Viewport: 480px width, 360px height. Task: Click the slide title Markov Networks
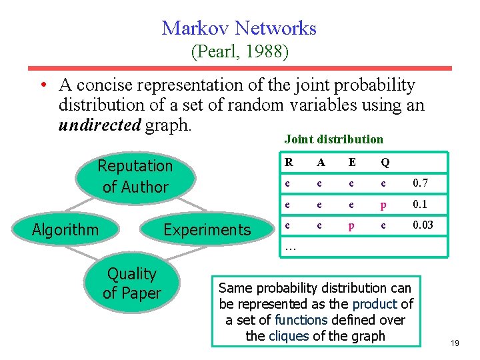tap(239, 28)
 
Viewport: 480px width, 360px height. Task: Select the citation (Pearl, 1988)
tap(239, 51)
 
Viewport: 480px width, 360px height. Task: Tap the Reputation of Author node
tap(135, 176)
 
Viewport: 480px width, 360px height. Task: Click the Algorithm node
tap(65, 230)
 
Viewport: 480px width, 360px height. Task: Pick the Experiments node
tap(207, 230)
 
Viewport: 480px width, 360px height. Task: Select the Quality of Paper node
tap(132, 283)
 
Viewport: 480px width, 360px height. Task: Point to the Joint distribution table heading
tap(333, 139)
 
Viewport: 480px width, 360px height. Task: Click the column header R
tap(288, 162)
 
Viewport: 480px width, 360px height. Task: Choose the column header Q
tap(385, 162)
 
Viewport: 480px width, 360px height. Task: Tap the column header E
tap(351, 162)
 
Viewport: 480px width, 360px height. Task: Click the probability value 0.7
tap(420, 183)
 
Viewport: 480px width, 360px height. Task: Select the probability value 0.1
tap(420, 204)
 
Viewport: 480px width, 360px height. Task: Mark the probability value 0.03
tap(423, 225)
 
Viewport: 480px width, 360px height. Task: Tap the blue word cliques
tap(288, 335)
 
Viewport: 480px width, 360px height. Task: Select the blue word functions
tap(293, 319)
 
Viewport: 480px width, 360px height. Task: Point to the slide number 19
tap(455, 343)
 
